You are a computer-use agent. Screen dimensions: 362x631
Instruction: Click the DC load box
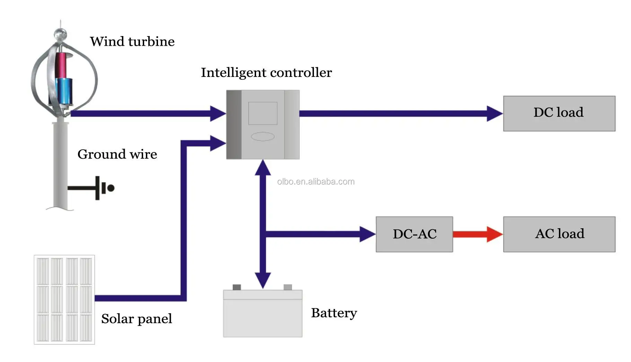click(x=559, y=114)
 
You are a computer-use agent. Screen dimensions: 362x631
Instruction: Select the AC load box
click(x=559, y=234)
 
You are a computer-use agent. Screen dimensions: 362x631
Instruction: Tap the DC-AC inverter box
click(x=414, y=234)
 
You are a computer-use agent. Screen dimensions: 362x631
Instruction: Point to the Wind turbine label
click(x=132, y=42)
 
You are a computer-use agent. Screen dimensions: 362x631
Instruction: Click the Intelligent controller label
click(x=266, y=73)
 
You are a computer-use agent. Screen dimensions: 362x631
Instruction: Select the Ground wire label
click(x=117, y=154)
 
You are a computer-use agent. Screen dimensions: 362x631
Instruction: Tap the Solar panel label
click(x=137, y=319)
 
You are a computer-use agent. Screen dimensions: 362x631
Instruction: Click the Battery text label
click(x=334, y=313)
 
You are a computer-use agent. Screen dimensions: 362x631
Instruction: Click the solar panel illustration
click(x=64, y=300)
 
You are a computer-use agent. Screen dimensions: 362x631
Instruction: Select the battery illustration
click(x=263, y=314)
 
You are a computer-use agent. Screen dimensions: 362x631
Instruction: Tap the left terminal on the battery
click(x=237, y=287)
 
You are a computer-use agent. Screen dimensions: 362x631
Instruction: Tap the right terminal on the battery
click(x=288, y=287)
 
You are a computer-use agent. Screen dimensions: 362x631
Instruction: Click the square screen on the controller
click(x=263, y=113)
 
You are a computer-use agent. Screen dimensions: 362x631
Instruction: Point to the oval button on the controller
click(x=263, y=136)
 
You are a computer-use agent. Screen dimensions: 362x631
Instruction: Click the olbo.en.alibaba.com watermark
click(x=316, y=182)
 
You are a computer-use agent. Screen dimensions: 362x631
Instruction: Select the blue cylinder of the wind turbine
click(x=65, y=91)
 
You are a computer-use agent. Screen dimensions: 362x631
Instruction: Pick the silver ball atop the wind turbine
click(x=60, y=34)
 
